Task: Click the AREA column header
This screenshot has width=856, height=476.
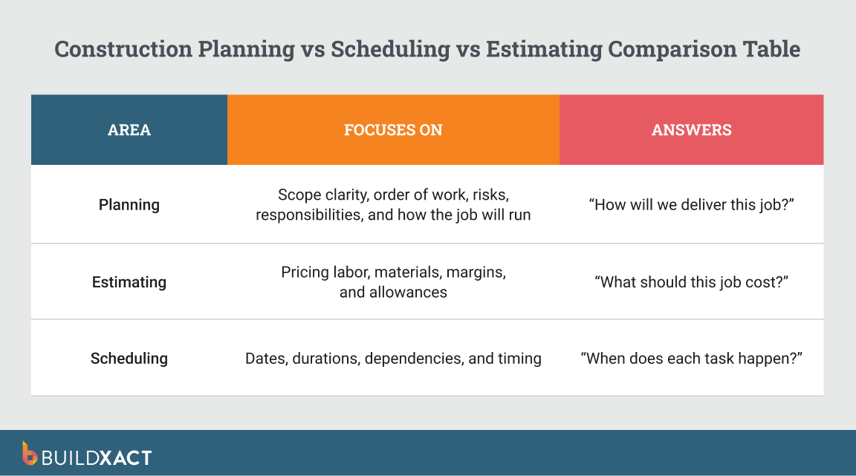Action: pos(129,130)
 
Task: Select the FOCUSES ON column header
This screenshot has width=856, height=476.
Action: pos(393,130)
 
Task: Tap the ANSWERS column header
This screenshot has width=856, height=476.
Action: pos(691,130)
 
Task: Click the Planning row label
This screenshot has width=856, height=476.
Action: pos(129,204)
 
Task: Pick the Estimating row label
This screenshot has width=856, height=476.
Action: pos(129,282)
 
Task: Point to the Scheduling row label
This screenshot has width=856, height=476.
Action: pos(129,359)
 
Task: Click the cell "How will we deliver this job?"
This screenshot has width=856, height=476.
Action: pos(691,204)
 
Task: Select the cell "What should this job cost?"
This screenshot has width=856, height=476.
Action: pos(691,282)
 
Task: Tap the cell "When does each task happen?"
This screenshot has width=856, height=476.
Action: pos(691,359)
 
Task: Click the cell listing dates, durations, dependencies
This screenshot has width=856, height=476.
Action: pos(393,359)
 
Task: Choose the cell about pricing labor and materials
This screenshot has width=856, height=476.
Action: pos(393,282)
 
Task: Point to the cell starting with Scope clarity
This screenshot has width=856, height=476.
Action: pos(393,205)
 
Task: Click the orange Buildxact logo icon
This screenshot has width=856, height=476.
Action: pos(30,453)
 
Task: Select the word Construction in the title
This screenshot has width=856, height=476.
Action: pos(123,50)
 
